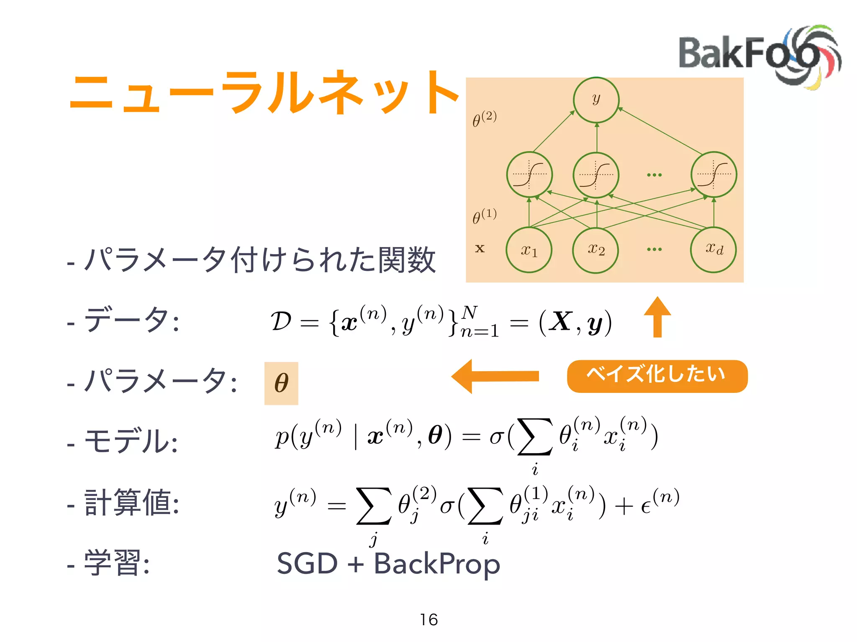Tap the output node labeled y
[596, 100]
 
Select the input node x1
[529, 250]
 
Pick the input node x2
[596, 250]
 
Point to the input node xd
[713, 250]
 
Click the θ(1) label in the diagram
[485, 216]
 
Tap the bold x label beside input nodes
[480, 248]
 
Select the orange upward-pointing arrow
[657, 316]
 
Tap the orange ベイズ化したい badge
[657, 376]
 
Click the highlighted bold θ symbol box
[281, 383]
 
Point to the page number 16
[429, 619]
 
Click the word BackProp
[437, 564]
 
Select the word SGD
[308, 564]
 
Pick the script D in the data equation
[281, 321]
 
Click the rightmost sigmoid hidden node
[713, 175]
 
